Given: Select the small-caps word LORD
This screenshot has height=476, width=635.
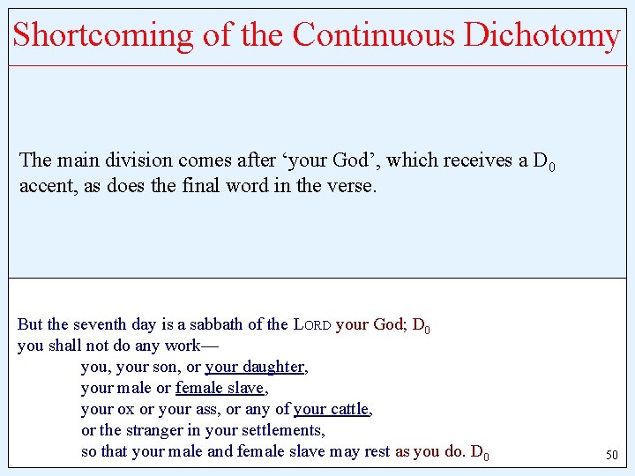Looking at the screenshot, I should [x=312, y=324].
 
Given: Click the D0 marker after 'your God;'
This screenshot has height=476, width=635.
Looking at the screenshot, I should [x=421, y=325].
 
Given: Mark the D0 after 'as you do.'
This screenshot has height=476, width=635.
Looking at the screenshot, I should [x=480, y=453].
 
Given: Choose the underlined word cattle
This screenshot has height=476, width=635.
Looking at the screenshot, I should [x=348, y=410].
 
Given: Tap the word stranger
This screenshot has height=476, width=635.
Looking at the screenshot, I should [x=152, y=431].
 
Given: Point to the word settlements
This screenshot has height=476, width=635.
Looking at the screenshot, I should [x=280, y=431].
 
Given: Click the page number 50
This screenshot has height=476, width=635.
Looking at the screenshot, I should [x=611, y=456].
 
